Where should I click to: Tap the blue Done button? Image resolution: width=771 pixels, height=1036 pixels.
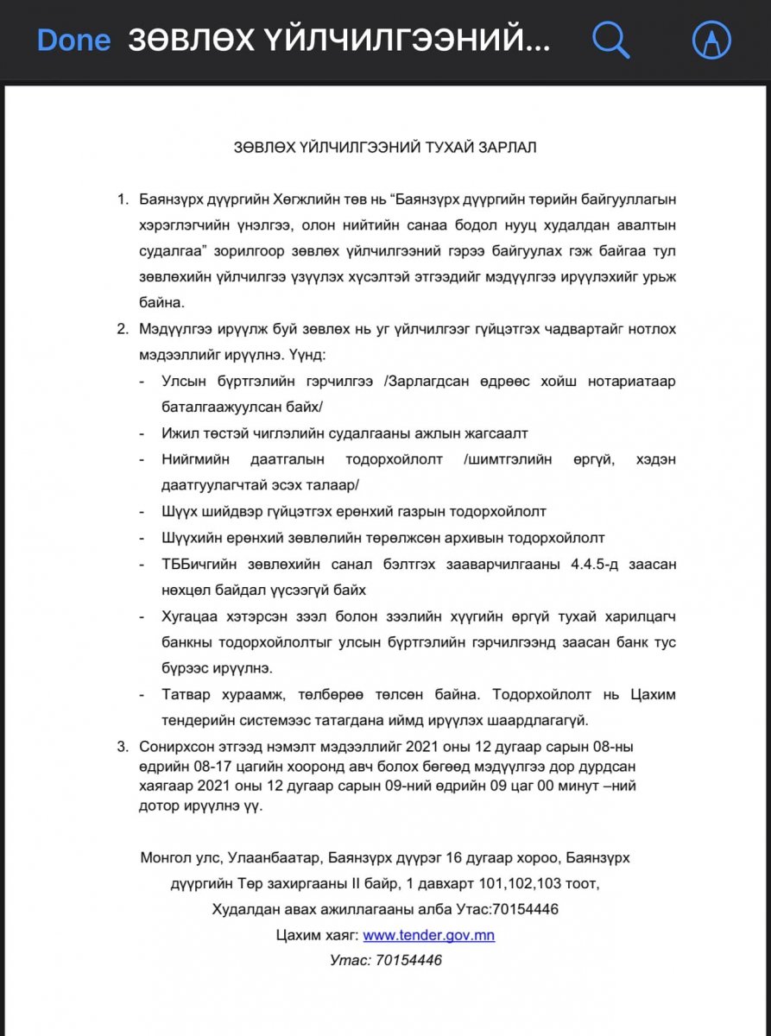coord(74,40)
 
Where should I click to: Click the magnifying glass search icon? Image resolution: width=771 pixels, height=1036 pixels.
coord(610,40)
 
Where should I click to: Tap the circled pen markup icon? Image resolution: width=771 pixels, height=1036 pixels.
coord(712,40)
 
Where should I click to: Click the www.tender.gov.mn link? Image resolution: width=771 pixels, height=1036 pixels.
coord(428,935)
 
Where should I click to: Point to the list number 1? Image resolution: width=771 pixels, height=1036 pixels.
coord(122,199)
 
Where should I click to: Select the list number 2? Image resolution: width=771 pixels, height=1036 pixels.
coord(122,328)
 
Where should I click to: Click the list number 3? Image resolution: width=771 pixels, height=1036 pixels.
coord(122,746)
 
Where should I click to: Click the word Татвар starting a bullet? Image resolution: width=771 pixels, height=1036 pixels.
coord(186,694)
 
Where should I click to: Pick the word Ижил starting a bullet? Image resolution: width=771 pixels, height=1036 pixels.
coord(178,433)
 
